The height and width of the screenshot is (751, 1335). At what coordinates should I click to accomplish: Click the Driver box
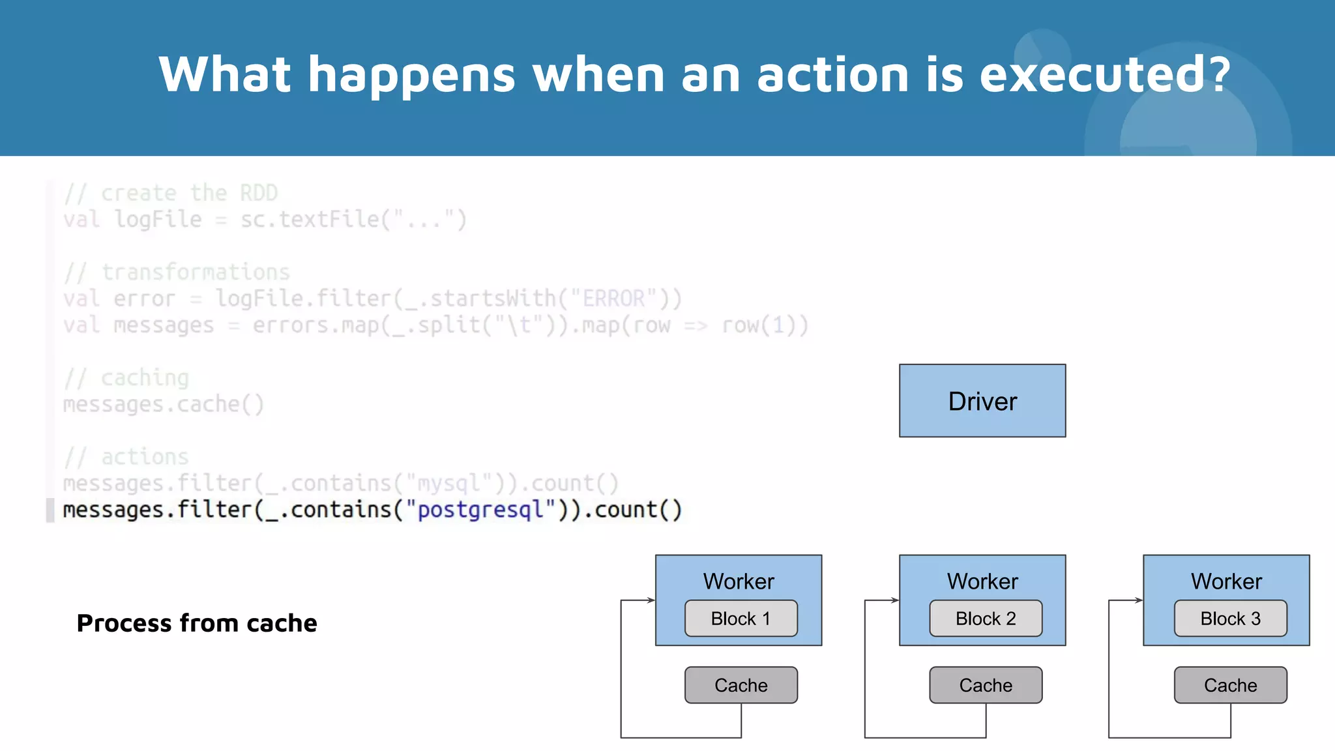[982, 401]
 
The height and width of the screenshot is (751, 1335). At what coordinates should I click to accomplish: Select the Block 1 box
[741, 618]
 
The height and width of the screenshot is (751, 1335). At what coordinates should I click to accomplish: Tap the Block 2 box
[985, 618]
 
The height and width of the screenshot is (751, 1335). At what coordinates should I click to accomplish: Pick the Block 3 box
[1230, 618]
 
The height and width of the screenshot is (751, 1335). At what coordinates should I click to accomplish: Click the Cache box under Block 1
[741, 685]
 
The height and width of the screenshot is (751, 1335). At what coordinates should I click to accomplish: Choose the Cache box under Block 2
[985, 685]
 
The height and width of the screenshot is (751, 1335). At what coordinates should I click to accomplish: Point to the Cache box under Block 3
[1230, 685]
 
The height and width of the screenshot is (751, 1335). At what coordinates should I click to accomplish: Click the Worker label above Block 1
[739, 581]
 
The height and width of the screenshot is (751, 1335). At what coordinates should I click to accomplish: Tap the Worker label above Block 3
[1226, 581]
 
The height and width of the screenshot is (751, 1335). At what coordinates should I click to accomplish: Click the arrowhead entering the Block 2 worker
[895, 600]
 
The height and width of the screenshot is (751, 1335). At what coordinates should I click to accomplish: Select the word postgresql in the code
[480, 510]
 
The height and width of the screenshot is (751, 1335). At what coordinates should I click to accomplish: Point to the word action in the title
[832, 74]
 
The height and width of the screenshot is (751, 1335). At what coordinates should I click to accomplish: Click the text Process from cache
[197, 623]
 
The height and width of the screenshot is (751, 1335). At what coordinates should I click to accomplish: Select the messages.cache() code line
[163, 405]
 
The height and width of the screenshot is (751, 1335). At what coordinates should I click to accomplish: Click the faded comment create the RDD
[189, 193]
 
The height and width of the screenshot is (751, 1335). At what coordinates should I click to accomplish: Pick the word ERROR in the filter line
[613, 299]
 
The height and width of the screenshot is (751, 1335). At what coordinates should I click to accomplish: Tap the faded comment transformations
[195, 272]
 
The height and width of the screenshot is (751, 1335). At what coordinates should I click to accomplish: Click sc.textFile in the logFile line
[310, 220]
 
